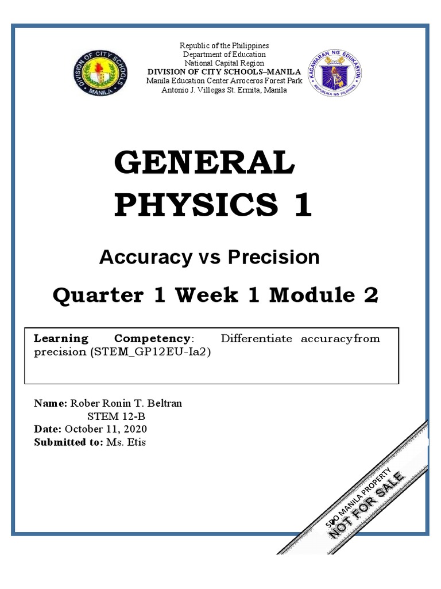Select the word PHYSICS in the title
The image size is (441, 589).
[x=195, y=205]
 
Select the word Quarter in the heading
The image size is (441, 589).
[x=98, y=295]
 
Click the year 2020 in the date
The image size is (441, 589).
[x=136, y=429]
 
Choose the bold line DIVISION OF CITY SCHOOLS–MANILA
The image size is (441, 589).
[x=225, y=71]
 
